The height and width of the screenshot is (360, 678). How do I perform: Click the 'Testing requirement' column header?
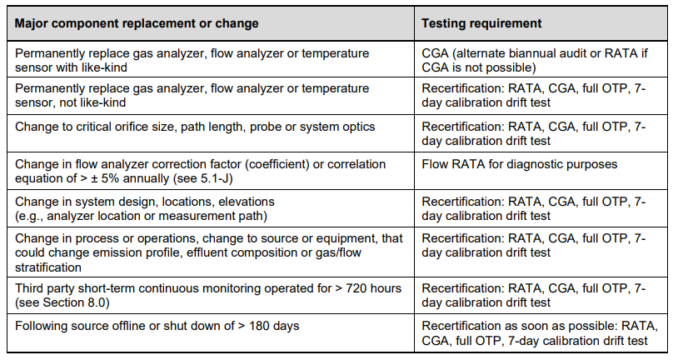481,23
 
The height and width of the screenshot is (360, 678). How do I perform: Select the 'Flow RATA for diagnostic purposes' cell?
520,164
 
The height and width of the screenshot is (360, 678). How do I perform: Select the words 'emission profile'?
117,252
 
